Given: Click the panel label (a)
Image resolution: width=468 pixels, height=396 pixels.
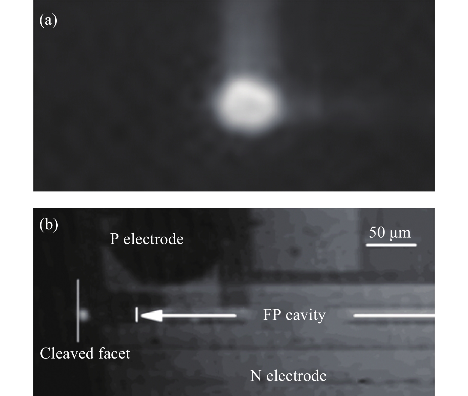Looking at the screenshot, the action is tap(48, 21).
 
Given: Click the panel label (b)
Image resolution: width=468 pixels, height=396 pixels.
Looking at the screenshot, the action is tap(49, 225).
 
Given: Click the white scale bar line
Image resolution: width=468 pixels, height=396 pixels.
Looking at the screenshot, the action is tap(391, 245).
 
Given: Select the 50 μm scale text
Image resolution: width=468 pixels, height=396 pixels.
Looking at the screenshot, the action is tap(390, 232).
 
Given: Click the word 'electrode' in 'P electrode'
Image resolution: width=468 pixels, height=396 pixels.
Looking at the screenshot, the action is tap(153, 239).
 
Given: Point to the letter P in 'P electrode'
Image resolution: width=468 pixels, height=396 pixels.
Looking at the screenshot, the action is tap(114, 239).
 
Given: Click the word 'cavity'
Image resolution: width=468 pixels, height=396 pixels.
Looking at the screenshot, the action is tap(306, 315).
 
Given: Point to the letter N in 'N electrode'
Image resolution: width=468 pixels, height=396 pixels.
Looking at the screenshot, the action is tap(256, 375).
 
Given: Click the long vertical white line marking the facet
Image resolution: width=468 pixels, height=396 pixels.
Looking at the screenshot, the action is tap(78, 310).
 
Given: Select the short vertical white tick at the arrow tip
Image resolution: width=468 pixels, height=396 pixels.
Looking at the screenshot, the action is tap(136, 315).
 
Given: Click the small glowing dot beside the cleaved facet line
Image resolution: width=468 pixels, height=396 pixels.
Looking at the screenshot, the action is tap(84, 315).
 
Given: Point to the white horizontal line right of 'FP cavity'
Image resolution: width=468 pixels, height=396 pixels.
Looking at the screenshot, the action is tap(394, 315).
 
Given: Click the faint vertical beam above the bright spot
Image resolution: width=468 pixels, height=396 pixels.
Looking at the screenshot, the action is tap(246, 39).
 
